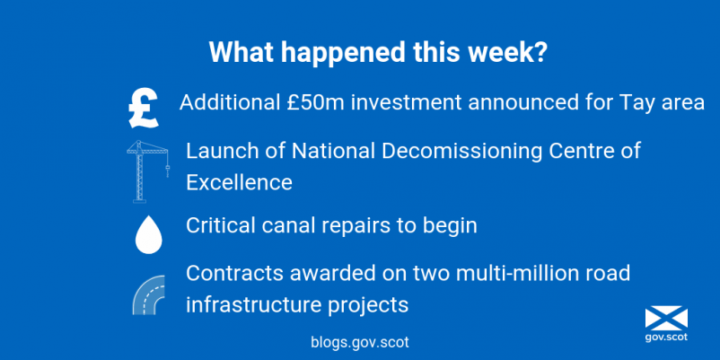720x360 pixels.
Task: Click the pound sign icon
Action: [144, 109]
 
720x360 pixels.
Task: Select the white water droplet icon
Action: [148, 234]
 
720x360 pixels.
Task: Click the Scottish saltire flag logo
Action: [666, 319]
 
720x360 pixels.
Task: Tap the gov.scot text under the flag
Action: [666, 338]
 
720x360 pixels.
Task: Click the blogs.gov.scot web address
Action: [359, 342]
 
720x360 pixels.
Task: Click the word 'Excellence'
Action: [239, 182]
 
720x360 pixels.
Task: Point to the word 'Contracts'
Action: [234, 273]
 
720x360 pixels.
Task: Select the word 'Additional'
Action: [227, 102]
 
